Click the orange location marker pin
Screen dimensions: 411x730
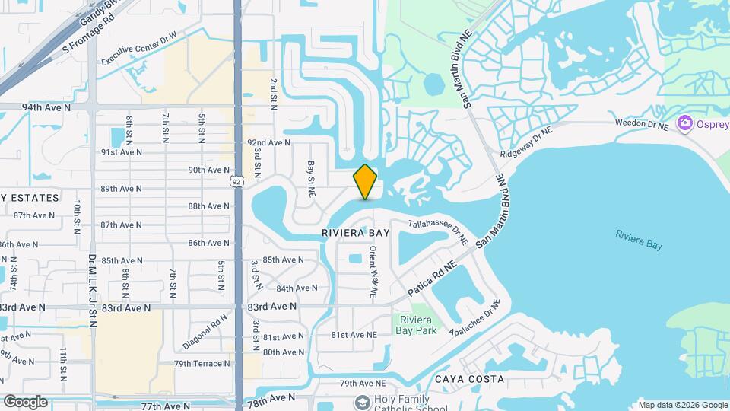click(x=365, y=182)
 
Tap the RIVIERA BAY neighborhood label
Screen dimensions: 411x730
click(x=356, y=231)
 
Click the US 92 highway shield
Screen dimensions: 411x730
click(x=237, y=181)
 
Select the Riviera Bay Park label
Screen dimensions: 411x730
click(x=416, y=325)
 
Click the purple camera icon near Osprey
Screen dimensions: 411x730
click(x=684, y=123)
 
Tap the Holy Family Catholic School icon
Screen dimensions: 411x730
click(x=361, y=400)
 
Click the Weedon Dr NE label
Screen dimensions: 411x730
click(x=642, y=124)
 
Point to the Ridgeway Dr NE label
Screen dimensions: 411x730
click(x=526, y=142)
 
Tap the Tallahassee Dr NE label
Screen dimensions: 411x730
click(x=436, y=231)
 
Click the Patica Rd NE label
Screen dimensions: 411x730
click(x=431, y=279)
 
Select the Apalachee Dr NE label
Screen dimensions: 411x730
click(x=474, y=317)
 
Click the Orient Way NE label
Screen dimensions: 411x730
click(x=373, y=271)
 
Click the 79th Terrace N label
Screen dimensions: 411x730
click(x=202, y=364)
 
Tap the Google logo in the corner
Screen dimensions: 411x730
click(x=25, y=401)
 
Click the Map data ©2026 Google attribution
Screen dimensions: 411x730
click(x=682, y=405)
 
